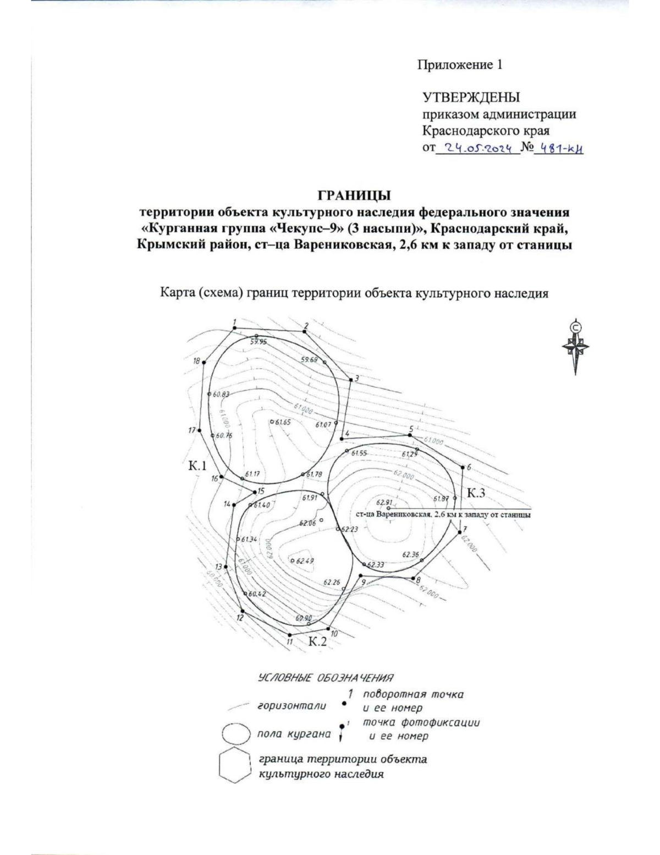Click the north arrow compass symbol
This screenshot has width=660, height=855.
pos(575,346)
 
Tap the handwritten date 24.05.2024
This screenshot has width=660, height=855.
pos(477,148)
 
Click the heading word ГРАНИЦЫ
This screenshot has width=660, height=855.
pos(354,195)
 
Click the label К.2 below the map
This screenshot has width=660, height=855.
pos(317,641)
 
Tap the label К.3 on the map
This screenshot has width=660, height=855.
pos(476,493)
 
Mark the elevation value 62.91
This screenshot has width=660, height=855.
pos(384,502)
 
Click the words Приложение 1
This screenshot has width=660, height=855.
pos(460,65)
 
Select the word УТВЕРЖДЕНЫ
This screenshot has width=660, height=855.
pos(471,98)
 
